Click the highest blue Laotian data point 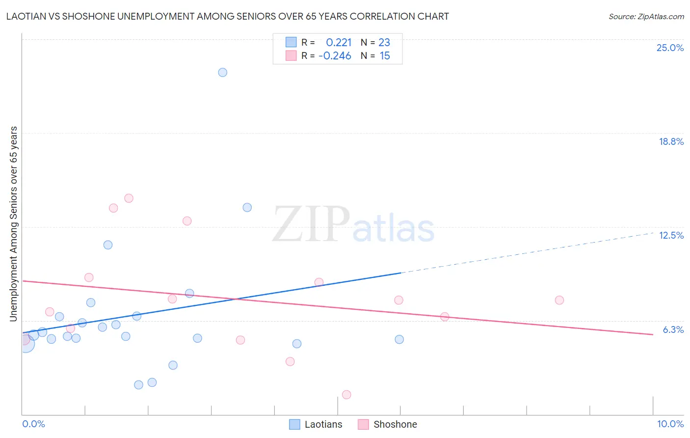[222, 72]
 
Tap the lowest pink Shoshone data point [346, 394]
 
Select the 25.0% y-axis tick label [670, 48]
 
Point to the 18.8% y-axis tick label [671, 141]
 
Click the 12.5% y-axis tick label [671, 235]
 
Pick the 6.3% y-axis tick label [673, 329]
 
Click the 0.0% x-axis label [33, 424]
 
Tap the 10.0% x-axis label [670, 424]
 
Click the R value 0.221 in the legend [339, 43]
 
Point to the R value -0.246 [335, 56]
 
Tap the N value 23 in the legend [384, 43]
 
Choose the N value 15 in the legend [385, 56]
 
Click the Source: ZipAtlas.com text [646, 17]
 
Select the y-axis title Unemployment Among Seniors [13, 224]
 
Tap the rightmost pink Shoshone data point [559, 300]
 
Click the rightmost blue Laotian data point [399, 339]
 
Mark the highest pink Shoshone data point [129, 198]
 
